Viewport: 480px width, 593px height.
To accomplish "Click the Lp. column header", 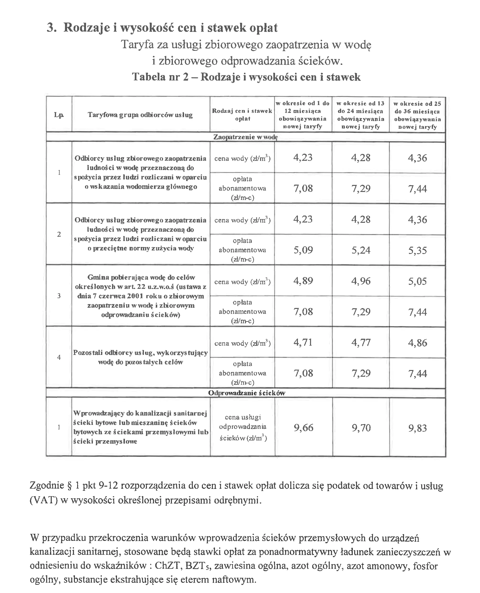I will pyautogui.click(x=59, y=115).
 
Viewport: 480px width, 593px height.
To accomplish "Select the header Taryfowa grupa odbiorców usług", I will pyautogui.click(x=140, y=115).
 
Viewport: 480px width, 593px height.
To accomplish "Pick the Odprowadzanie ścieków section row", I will pyautogui.click(x=246, y=393).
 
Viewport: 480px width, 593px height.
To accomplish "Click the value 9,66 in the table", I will pyautogui.click(x=303, y=428).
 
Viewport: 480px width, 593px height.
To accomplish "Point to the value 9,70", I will pyautogui.click(x=361, y=428).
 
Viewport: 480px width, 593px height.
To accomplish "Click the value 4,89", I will pyautogui.click(x=303, y=281).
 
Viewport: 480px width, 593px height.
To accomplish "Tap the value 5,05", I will pyautogui.click(x=417, y=281).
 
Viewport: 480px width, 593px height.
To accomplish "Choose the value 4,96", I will pyautogui.click(x=361, y=281).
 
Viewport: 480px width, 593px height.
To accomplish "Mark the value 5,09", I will pyautogui.click(x=303, y=250).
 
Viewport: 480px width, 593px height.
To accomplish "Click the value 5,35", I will pyautogui.click(x=417, y=250).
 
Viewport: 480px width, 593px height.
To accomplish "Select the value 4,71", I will pyautogui.click(x=303, y=343).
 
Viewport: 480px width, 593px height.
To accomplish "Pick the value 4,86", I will pyautogui.click(x=417, y=343).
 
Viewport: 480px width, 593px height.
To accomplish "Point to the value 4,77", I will pyautogui.click(x=361, y=343).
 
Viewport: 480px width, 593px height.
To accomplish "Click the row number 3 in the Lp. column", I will pyautogui.click(x=59, y=296).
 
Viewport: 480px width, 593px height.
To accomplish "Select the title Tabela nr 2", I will pyautogui.click(x=160, y=77).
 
